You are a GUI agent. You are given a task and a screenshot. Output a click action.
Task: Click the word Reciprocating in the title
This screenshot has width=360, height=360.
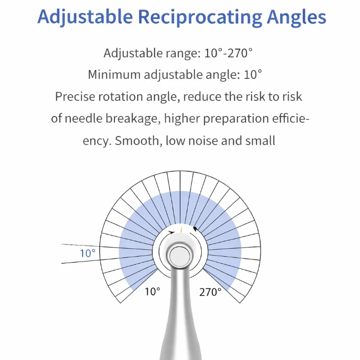(200, 17)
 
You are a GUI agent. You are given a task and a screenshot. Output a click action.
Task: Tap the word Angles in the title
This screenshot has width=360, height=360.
(296, 17)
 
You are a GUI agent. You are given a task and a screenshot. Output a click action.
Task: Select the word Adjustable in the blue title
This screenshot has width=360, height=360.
(85, 17)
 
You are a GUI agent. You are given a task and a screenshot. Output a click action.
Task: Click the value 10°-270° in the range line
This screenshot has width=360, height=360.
(228, 53)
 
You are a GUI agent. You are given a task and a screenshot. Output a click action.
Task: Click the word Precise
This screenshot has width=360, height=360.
(75, 96)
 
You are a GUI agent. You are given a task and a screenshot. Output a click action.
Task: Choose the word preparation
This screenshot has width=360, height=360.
(236, 119)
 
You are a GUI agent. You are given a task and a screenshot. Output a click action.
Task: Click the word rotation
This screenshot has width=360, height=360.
(120, 97)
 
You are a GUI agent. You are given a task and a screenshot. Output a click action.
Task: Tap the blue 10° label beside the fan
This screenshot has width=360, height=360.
(88, 253)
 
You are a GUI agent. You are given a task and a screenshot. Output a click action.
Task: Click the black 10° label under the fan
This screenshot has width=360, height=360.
(152, 292)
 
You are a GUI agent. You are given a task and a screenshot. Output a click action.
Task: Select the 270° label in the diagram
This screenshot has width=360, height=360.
(210, 292)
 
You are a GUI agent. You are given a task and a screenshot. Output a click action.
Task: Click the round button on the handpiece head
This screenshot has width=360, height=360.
(180, 256)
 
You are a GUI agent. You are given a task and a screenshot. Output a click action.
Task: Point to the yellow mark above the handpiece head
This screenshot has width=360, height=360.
(182, 229)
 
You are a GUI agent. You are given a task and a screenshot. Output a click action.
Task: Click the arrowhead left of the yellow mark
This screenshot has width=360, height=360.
(172, 232)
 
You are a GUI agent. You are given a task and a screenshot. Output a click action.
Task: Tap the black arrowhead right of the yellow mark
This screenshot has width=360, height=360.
(195, 229)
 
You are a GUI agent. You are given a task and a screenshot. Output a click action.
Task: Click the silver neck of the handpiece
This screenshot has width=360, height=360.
(181, 310)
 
